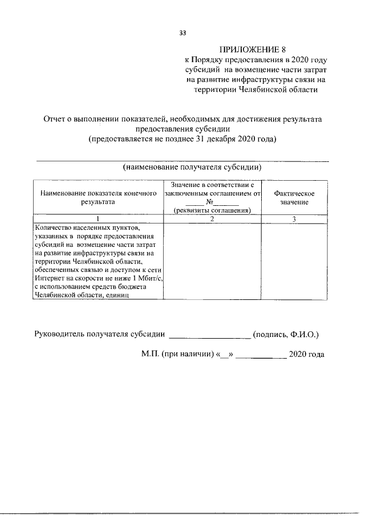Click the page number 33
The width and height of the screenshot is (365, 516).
click(x=182, y=33)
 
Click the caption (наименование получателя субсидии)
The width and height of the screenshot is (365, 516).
click(x=192, y=168)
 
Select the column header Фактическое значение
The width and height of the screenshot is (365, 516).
click(x=294, y=198)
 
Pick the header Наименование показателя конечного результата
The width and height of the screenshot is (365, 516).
click(x=98, y=198)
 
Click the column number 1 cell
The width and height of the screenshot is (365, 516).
click(x=98, y=219)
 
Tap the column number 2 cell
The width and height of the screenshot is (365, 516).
click(x=212, y=219)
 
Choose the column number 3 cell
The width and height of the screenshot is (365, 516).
click(x=294, y=219)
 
